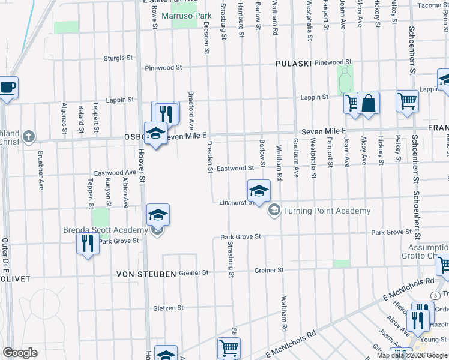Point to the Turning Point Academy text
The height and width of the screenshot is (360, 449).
pyautogui.click(x=327, y=211)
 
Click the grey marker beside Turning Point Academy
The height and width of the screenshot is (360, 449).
pyautogui.click(x=274, y=209)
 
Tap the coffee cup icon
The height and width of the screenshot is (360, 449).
pyautogui.click(x=7, y=88)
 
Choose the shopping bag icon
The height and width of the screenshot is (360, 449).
pyautogui.click(x=368, y=104)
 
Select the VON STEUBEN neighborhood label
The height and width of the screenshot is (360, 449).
pyautogui.click(x=147, y=274)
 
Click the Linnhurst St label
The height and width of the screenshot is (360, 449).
pyautogui.click(x=233, y=203)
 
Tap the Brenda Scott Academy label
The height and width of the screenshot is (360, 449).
pyautogui.click(x=105, y=230)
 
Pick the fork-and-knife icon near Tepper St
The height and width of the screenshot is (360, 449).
pyautogui.click(x=88, y=243)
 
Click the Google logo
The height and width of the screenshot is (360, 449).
pyautogui.click(x=20, y=353)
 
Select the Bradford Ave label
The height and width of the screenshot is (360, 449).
pyautogui.click(x=191, y=110)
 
